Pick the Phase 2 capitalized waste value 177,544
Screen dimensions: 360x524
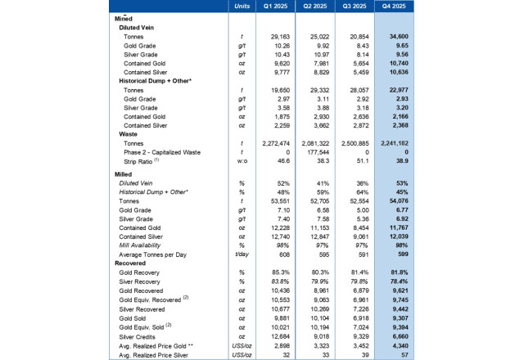[x=319, y=152]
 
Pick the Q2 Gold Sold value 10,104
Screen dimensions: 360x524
[x=321, y=315]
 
